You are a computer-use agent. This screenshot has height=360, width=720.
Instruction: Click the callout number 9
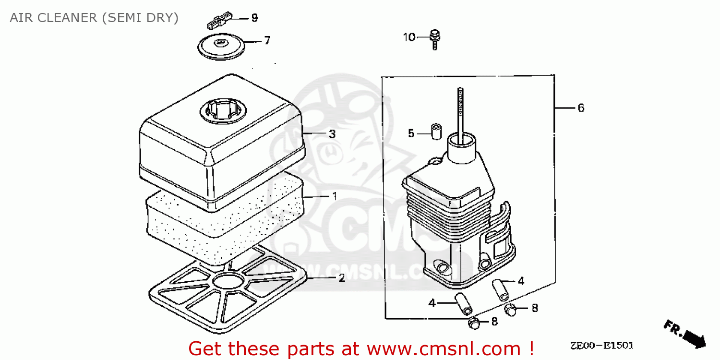tap(254, 18)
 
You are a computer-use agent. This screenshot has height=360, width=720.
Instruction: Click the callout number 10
tap(409, 37)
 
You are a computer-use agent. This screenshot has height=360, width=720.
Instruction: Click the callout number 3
tap(332, 134)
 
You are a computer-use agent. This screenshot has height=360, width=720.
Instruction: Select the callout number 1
tap(334, 196)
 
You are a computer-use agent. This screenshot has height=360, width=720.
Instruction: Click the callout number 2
tap(341, 278)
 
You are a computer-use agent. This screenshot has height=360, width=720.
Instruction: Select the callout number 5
tap(411, 133)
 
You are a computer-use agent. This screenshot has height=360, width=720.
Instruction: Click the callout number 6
tap(581, 108)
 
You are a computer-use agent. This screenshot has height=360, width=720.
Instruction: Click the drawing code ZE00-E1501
tap(602, 346)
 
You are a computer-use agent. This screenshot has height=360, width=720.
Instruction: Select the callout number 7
tap(267, 40)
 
